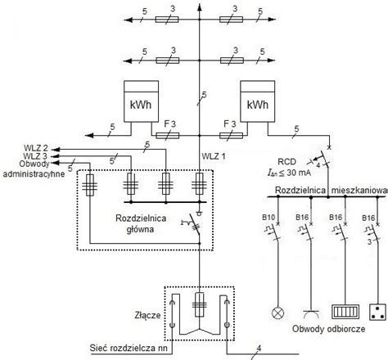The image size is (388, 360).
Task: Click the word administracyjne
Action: (x=34, y=173)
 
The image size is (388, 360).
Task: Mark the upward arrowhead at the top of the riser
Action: (x=200, y=7)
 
